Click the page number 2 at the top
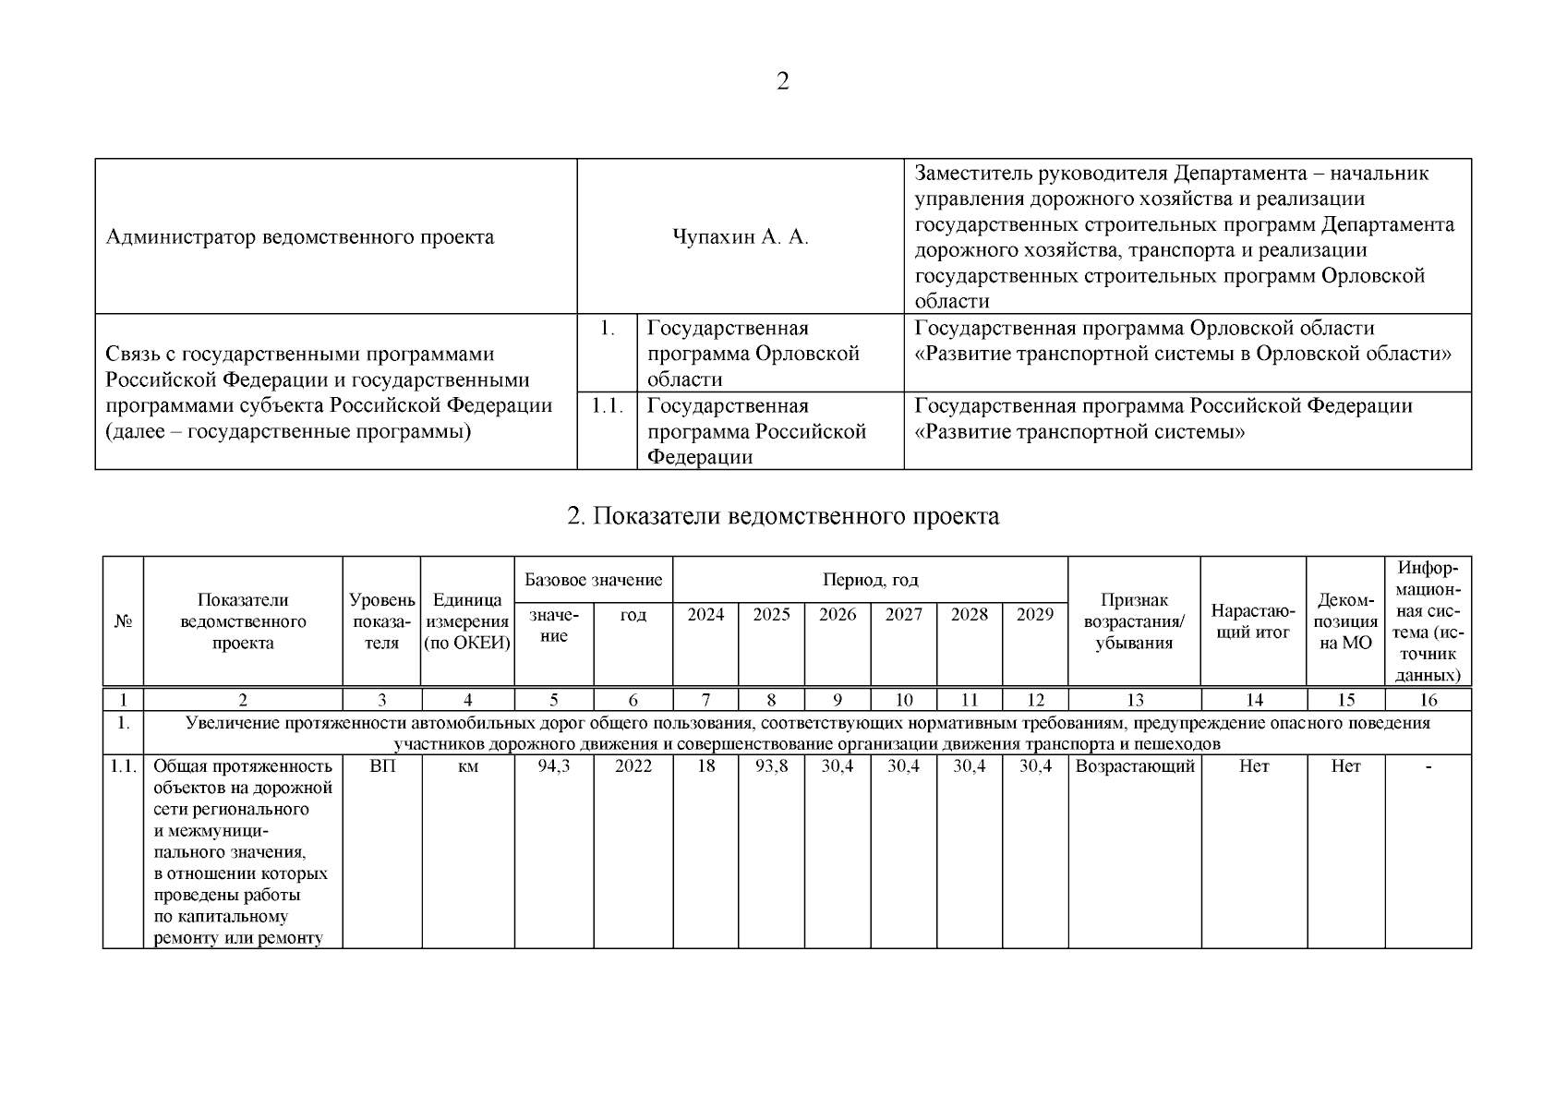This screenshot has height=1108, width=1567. click(x=783, y=82)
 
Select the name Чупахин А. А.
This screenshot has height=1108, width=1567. click(x=741, y=237)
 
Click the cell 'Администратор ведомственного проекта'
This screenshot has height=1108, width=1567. click(x=300, y=237)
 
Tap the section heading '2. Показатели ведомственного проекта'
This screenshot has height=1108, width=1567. click(x=783, y=516)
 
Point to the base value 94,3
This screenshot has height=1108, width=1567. click(x=554, y=766)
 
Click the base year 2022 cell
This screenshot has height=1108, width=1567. click(x=633, y=766)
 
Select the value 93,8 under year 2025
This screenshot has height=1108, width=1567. click(x=771, y=766)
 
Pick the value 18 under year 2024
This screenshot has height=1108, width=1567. click(x=705, y=766)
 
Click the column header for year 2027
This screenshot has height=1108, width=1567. click(x=903, y=615)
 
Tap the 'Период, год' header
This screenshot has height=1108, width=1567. click(x=870, y=580)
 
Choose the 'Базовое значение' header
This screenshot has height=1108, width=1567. click(x=593, y=580)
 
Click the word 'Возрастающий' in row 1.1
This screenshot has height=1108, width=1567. click(x=1135, y=766)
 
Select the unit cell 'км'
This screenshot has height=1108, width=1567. click(x=467, y=766)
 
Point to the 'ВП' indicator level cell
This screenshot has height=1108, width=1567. click(x=381, y=766)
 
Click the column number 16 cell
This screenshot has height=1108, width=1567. click(x=1428, y=701)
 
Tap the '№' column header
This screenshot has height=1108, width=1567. click(x=123, y=621)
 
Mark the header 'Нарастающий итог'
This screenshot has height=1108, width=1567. click(x=1253, y=621)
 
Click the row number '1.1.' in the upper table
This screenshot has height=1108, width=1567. click(x=608, y=406)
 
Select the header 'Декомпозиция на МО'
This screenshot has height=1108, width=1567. click(x=1345, y=621)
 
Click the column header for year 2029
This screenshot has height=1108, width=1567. click(x=1035, y=615)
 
